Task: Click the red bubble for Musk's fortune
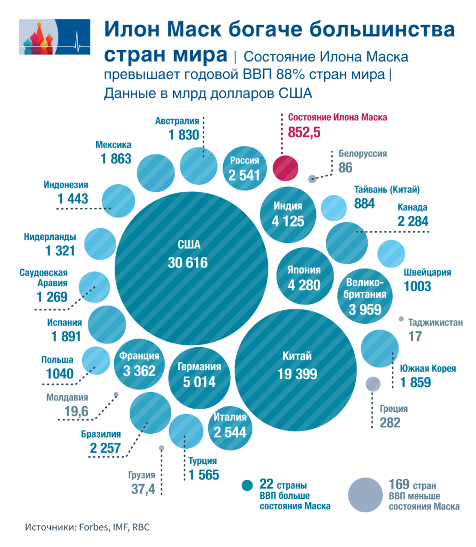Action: (285, 167)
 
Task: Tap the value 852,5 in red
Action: (304, 133)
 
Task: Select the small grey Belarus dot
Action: (313, 179)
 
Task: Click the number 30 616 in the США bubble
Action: (187, 263)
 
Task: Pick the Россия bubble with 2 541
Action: (244, 167)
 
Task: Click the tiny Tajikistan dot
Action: (401, 319)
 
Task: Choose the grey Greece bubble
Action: (373, 383)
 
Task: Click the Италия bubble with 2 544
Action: (230, 425)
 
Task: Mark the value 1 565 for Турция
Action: (203, 474)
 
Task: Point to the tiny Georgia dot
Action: (161, 448)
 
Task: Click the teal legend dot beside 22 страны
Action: (247, 485)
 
